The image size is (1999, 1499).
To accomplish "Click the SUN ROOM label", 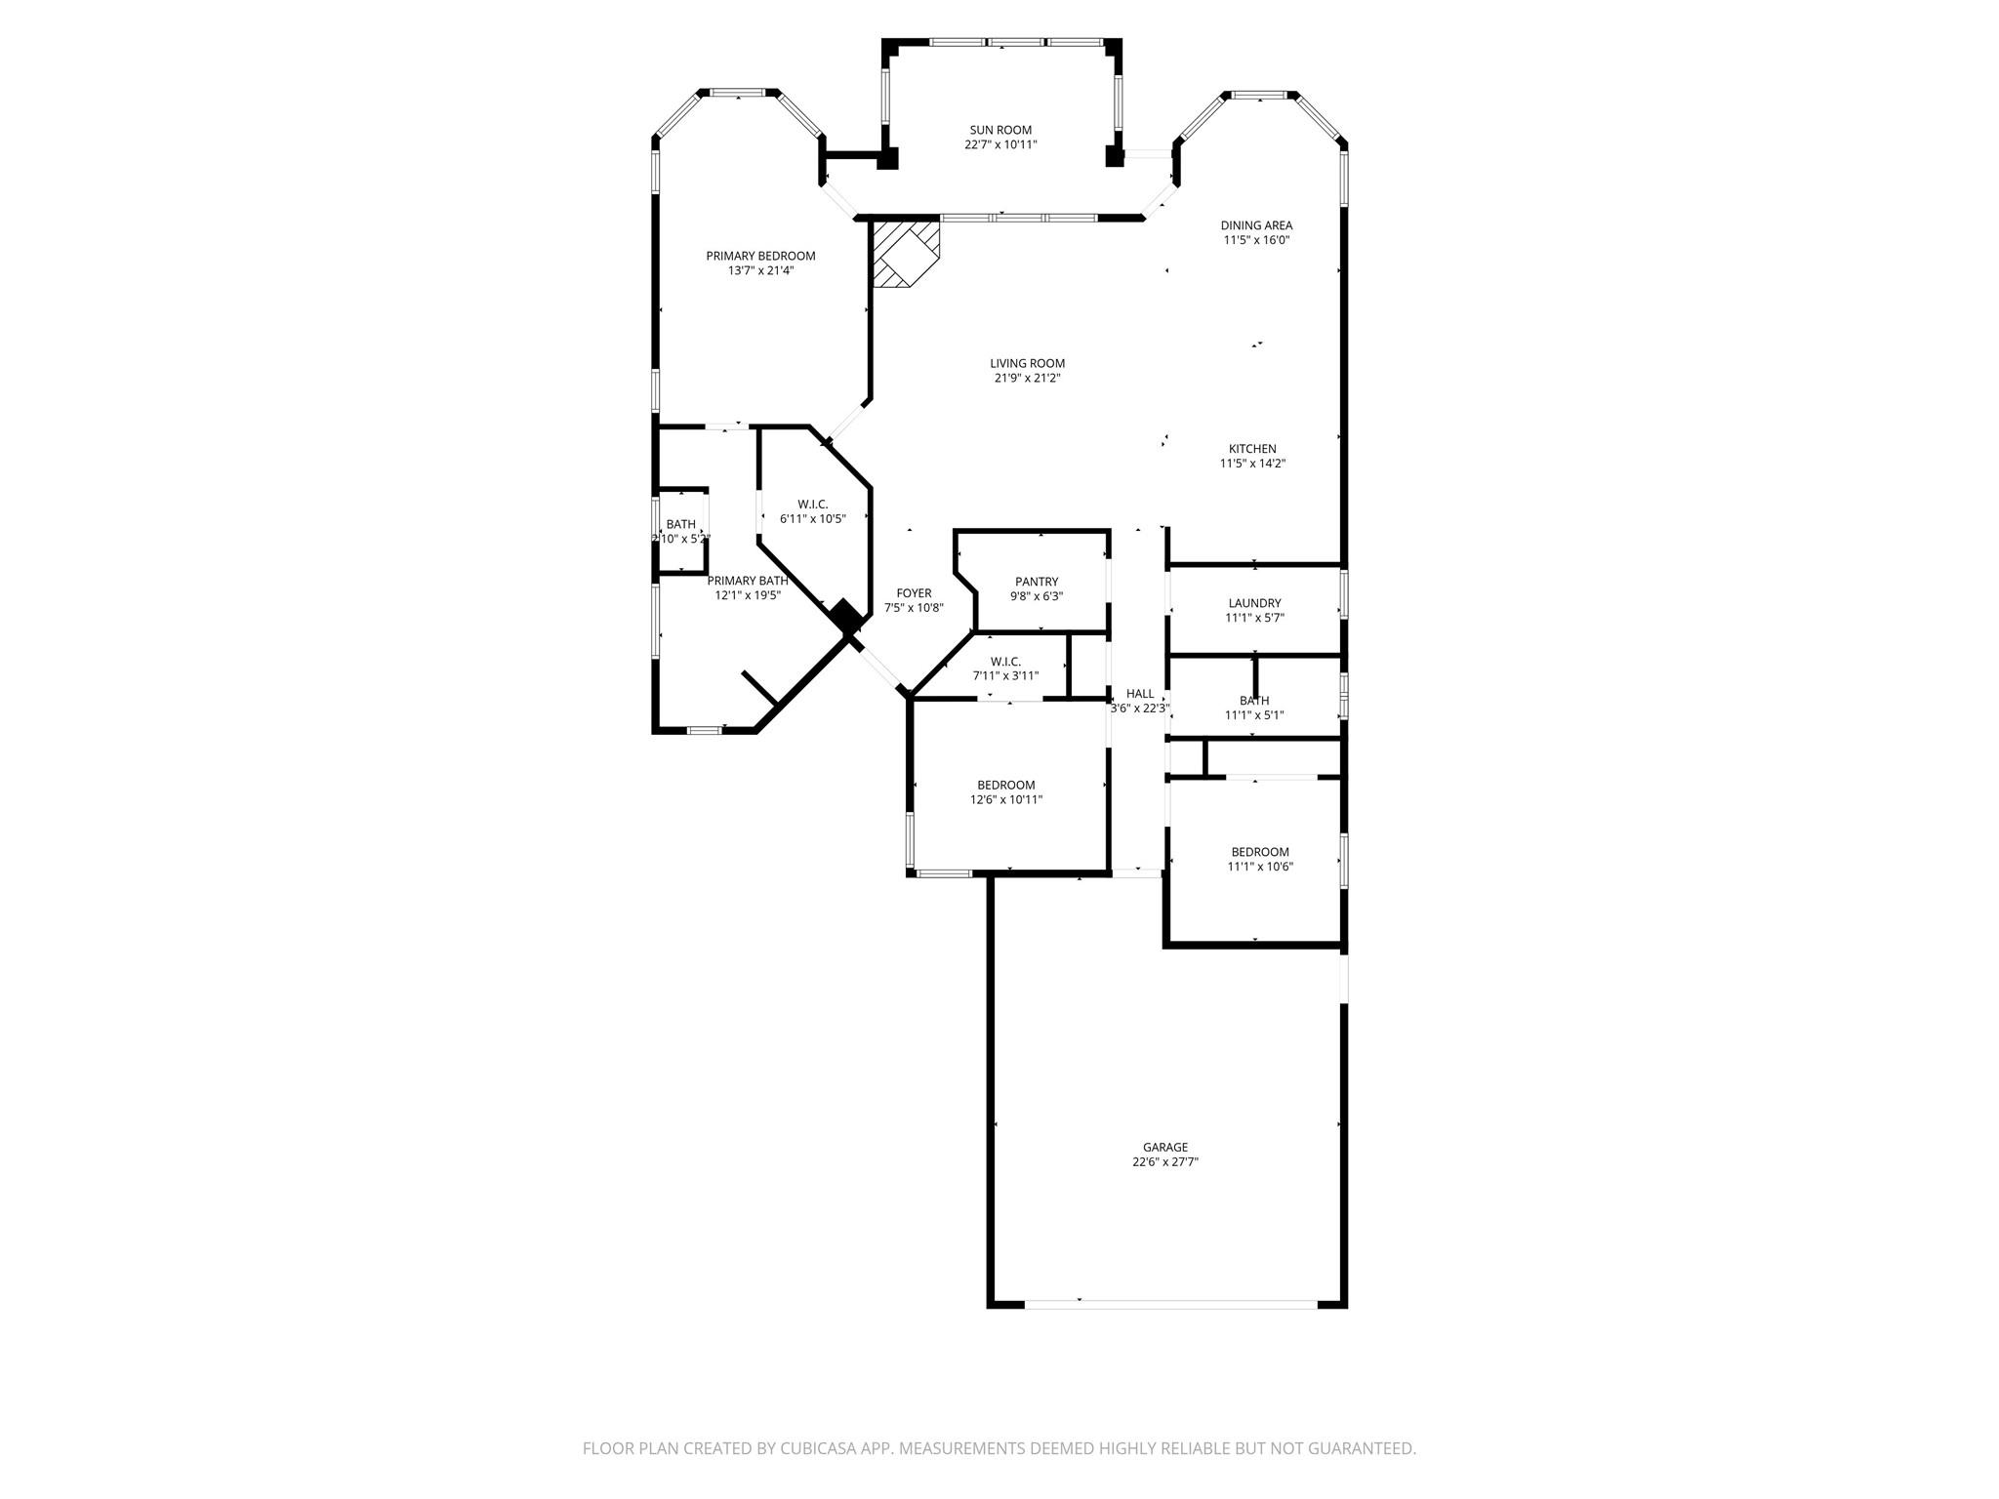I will point(1000,130).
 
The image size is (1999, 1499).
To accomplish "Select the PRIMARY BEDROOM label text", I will point(760,256).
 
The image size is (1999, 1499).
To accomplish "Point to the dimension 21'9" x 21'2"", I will point(1027,378).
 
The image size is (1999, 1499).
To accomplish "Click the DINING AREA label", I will point(1256,225).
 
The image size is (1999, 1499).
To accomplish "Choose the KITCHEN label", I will point(1252,449).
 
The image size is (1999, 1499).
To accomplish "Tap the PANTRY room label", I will point(1037,582).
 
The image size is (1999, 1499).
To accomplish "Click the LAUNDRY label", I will point(1254,603).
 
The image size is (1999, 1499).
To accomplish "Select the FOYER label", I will point(914,593).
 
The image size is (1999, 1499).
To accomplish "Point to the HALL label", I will point(1139,694).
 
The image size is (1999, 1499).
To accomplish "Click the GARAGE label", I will point(1165,1148).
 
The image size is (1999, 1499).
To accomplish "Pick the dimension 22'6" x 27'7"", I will point(1165,1162).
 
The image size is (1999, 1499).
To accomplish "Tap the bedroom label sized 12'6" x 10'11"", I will point(1006,785).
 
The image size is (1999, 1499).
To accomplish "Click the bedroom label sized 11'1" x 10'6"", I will point(1260,852).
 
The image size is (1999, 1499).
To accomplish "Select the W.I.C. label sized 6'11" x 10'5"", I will point(812,505).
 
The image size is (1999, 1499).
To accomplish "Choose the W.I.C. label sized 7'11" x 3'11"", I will point(1005,662).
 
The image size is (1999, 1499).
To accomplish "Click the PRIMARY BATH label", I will point(748,581).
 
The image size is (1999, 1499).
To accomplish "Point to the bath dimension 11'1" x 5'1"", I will point(1254,715).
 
